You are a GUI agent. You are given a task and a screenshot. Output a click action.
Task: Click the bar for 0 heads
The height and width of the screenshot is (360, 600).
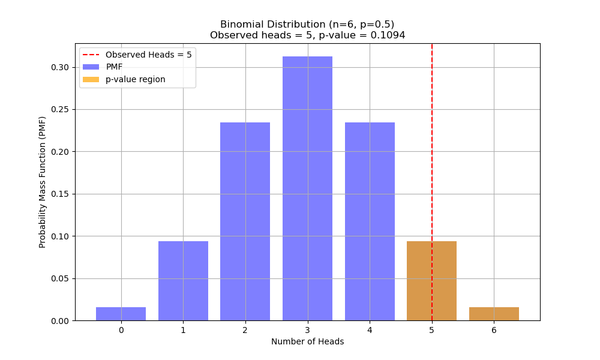point(121,314)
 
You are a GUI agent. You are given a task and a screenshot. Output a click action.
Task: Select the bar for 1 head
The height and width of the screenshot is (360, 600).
point(183,281)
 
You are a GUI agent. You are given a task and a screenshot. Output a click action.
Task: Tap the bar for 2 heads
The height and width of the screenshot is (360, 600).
point(245,221)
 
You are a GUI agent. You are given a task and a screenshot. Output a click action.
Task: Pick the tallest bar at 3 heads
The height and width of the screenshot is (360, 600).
point(307,188)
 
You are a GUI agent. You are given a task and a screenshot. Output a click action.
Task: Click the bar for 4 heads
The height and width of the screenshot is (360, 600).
point(370,221)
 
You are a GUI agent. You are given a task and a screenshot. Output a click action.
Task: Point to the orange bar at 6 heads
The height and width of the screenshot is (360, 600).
point(494,314)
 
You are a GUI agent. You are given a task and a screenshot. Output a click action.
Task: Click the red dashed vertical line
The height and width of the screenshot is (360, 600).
point(432,150)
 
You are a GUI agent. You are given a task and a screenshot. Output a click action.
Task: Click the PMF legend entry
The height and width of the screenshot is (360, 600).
point(114,67)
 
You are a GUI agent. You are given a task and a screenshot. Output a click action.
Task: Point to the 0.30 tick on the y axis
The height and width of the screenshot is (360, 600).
point(61,67)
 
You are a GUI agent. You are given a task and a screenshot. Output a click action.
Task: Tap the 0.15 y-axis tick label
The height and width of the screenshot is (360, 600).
point(61,194)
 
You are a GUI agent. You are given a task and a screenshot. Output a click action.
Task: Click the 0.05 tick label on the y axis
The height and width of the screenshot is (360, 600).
point(61,278)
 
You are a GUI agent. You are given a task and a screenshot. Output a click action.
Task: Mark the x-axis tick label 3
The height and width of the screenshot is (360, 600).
point(307,329)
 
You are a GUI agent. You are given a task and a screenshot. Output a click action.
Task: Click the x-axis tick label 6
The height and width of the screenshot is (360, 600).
point(494,329)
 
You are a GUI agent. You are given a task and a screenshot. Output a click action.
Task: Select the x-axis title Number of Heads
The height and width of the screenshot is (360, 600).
point(307,341)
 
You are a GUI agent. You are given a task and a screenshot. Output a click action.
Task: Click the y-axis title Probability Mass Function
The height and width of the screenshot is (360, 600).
point(43,182)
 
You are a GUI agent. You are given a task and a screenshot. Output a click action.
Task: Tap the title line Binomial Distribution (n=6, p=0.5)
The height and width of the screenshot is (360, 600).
point(307,25)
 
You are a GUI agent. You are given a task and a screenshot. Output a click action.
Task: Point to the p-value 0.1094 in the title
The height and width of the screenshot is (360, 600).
point(388,35)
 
